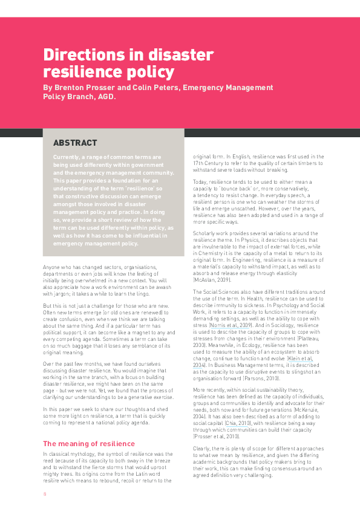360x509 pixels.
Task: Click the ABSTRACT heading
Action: click(75, 143)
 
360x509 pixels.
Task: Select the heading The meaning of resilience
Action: click(89, 444)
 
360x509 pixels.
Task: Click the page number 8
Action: click(44, 493)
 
